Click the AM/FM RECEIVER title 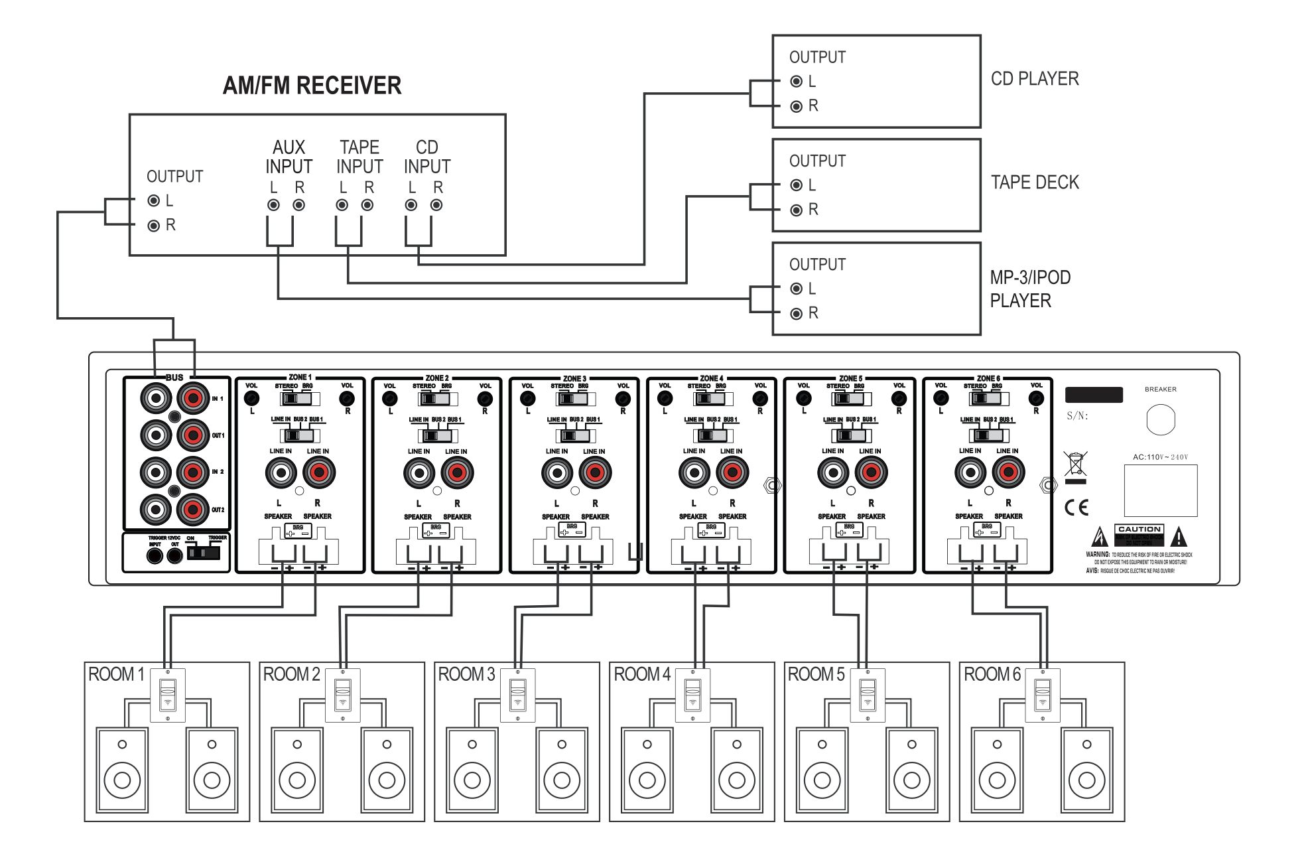pos(312,86)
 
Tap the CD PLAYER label pos(1034,79)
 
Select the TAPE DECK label pos(1034,182)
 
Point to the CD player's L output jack pos(797,82)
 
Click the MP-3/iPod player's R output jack pos(797,313)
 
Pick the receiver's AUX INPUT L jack pos(273,205)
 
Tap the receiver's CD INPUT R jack pos(436,205)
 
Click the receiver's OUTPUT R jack pos(154,226)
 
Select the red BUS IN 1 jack pos(193,398)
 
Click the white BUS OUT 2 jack pos(156,510)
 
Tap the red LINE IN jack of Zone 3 pos(595,473)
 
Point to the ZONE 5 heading pos(850,378)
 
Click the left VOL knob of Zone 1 pos(251,398)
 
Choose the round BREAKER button pos(1160,420)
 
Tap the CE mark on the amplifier pos(1076,508)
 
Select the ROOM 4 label pos(641,674)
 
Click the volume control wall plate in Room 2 pos(343,695)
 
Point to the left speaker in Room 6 pos(997,770)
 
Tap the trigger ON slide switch pos(204,552)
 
